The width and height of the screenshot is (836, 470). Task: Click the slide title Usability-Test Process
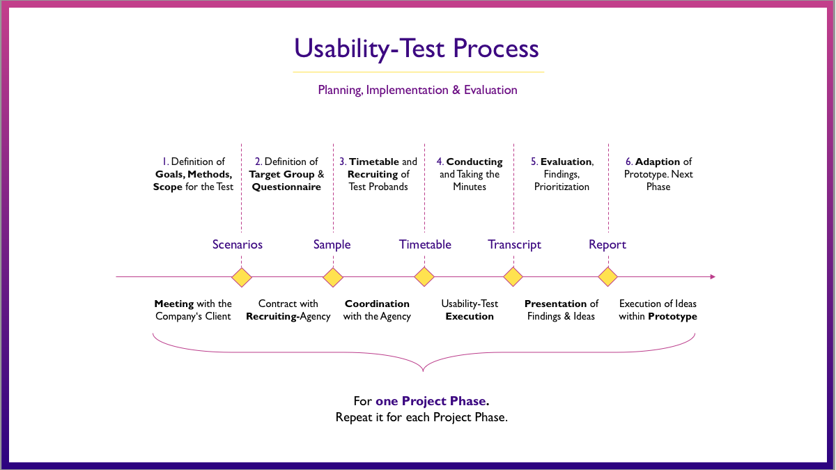[417, 49]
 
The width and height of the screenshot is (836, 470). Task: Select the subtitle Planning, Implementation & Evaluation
[417, 90]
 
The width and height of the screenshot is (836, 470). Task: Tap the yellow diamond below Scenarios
[241, 277]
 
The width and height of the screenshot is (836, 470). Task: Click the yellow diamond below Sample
[333, 277]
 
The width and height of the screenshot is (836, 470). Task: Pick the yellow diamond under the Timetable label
[424, 277]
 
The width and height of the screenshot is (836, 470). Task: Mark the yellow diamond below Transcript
[513, 277]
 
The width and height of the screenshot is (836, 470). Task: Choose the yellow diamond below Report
[608, 277]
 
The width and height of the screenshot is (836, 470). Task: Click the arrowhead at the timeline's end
[712, 277]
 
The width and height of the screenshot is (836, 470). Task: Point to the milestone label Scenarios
[238, 244]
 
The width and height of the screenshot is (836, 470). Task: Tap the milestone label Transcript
[514, 244]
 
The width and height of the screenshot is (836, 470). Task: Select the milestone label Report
[607, 244]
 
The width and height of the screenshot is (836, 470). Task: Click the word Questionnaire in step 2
[286, 187]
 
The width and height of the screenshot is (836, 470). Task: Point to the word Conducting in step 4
[474, 162]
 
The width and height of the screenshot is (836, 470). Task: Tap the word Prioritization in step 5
[562, 187]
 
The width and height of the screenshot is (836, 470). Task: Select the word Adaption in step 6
[658, 162]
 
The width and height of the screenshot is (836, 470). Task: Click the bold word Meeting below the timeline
[174, 304]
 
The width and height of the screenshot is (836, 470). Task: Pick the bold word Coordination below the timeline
[377, 304]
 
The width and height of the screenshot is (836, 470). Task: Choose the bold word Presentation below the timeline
[555, 304]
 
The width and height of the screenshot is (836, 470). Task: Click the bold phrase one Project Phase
[432, 402]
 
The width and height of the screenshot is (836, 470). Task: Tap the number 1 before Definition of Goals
[164, 162]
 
